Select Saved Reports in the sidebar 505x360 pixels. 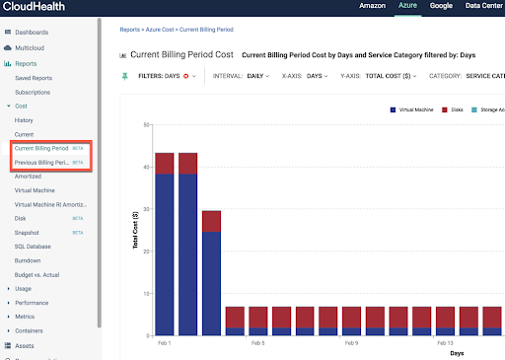click(36, 77)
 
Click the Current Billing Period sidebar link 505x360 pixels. click(41, 148)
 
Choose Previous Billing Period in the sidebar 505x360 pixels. click(41, 162)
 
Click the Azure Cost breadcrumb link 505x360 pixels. click(158, 30)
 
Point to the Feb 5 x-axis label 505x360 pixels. click(257, 342)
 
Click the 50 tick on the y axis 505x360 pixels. click(145, 124)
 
